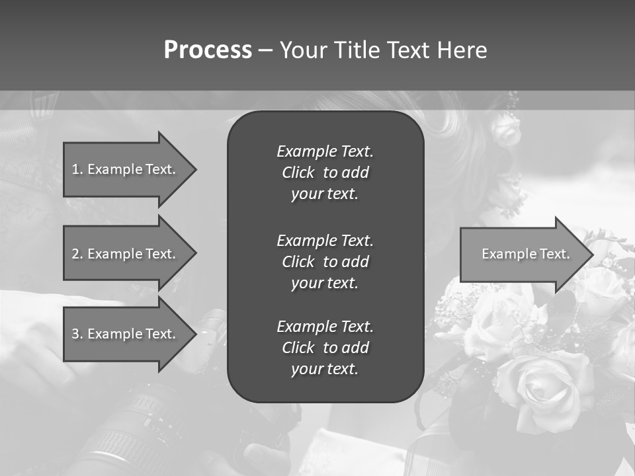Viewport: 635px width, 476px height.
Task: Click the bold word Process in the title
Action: pos(208,50)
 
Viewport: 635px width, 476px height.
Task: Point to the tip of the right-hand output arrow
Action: pos(591,254)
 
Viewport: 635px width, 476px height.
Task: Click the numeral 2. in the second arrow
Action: pos(78,254)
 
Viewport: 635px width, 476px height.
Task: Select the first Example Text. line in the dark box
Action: pos(325,151)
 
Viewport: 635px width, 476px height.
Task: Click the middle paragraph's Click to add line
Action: pos(325,262)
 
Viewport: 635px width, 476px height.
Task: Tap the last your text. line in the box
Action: pos(325,370)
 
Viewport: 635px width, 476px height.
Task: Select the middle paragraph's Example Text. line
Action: pos(325,240)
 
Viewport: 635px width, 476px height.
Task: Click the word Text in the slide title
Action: pos(409,50)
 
